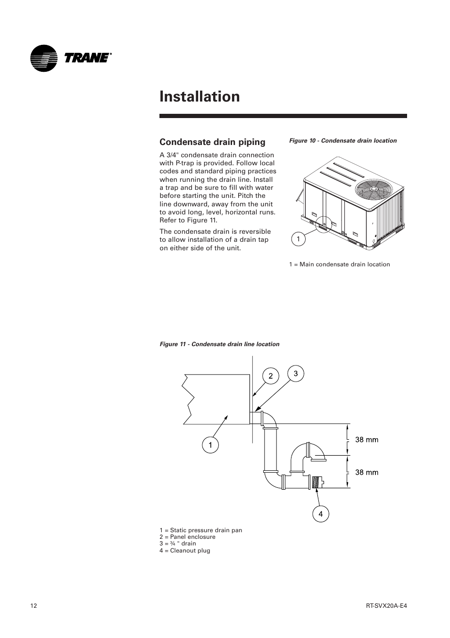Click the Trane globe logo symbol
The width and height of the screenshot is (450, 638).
click(x=43, y=59)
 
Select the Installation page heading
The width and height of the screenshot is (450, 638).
click(x=200, y=96)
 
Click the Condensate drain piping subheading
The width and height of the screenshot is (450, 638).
click(x=212, y=142)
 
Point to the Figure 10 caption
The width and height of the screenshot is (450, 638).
click(x=342, y=141)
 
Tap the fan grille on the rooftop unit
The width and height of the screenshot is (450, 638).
click(x=374, y=189)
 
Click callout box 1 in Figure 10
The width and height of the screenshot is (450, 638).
click(x=298, y=239)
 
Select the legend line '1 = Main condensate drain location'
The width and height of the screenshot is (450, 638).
click(x=339, y=264)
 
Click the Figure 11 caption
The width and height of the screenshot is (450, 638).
click(x=219, y=344)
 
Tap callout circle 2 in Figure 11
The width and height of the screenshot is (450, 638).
click(x=271, y=376)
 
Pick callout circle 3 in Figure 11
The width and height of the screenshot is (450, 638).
click(x=296, y=374)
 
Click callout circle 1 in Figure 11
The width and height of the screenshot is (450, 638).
click(x=210, y=445)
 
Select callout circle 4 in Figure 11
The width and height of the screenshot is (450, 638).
click(x=320, y=514)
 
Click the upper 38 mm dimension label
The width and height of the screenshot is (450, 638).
click(x=367, y=440)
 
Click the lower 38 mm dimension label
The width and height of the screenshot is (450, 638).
click(x=367, y=472)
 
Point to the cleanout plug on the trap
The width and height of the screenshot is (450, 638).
click(x=316, y=483)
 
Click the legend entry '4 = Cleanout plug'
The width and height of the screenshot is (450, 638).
click(x=185, y=551)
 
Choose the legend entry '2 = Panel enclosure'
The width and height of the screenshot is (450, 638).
click(x=187, y=537)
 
